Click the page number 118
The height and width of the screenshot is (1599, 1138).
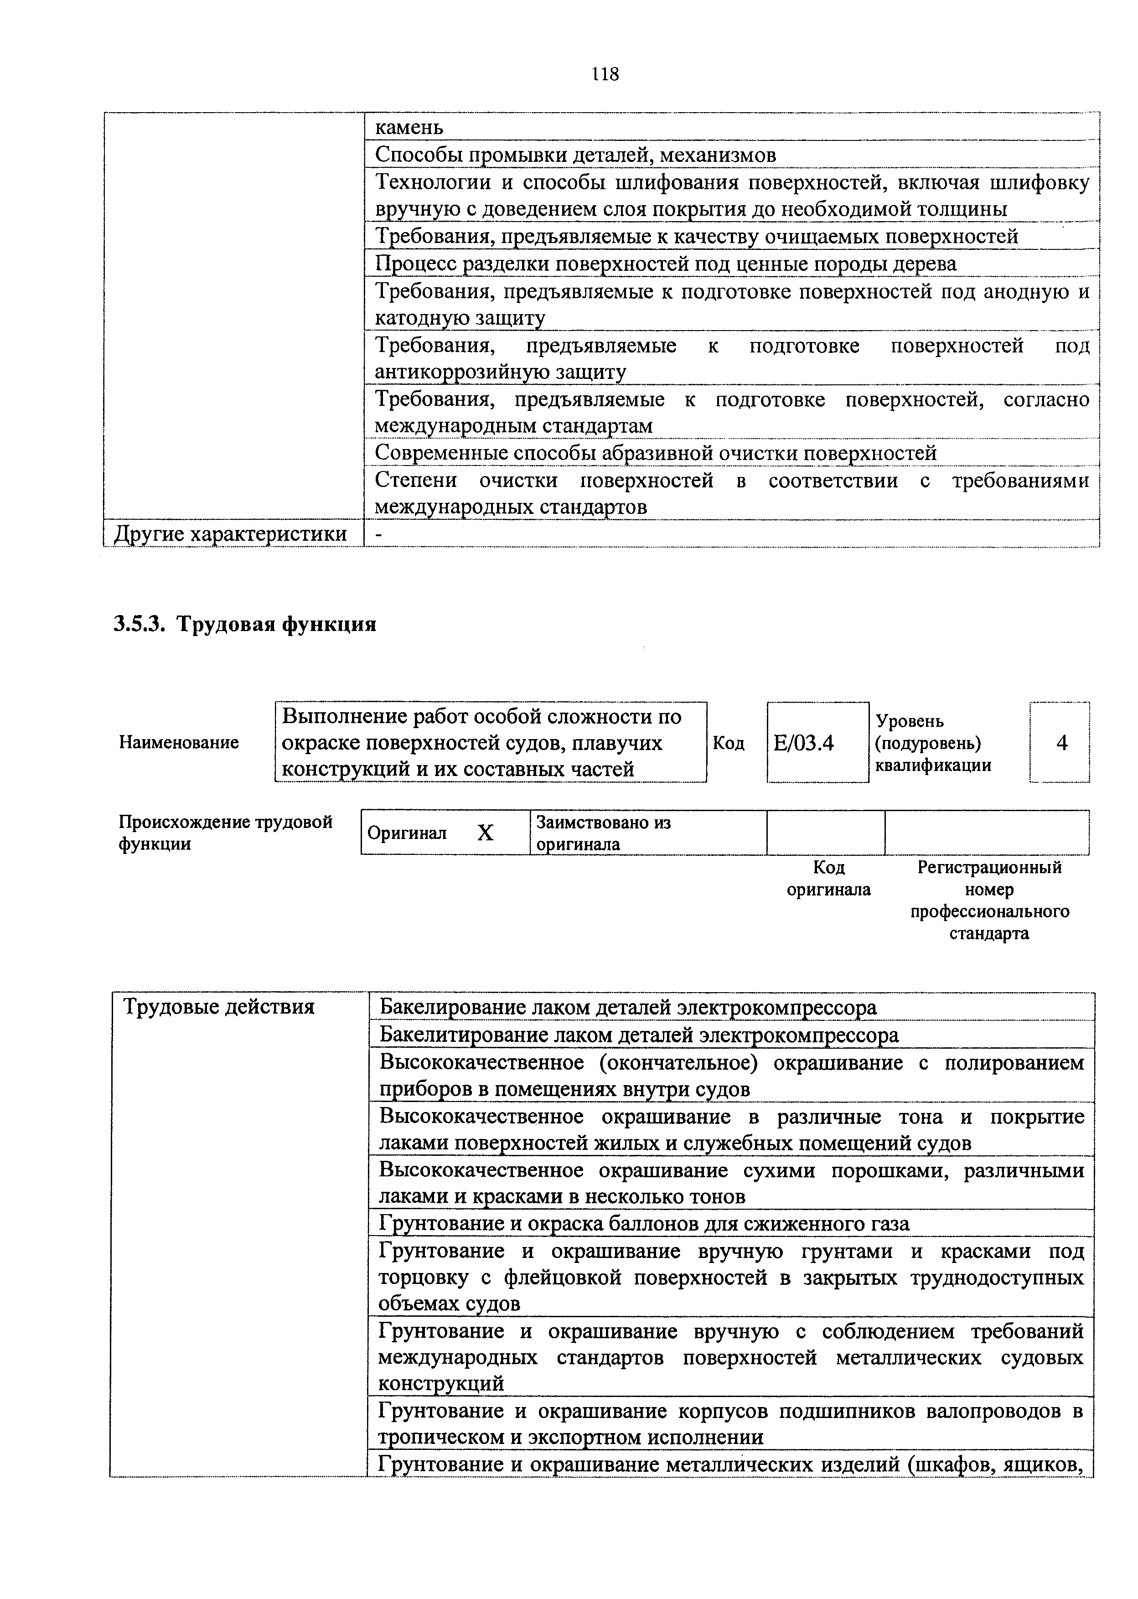click(605, 74)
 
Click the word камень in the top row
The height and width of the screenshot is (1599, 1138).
click(409, 128)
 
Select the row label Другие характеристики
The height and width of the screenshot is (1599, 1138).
click(231, 534)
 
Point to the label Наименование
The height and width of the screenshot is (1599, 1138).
click(179, 742)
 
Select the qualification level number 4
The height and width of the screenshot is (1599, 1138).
click(1061, 743)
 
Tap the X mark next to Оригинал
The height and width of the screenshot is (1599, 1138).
click(485, 833)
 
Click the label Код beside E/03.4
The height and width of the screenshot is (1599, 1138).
click(728, 743)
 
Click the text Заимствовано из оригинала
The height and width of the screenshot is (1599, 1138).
click(603, 833)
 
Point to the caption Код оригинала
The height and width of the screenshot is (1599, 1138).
click(828, 879)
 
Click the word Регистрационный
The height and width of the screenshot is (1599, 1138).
click(989, 868)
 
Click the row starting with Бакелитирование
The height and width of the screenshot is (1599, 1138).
click(638, 1035)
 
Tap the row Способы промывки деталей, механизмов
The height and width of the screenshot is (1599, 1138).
click(574, 155)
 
